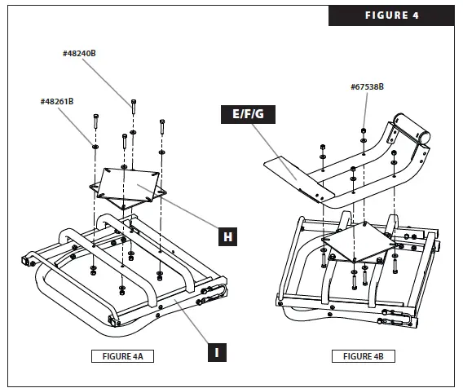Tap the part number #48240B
(x=80, y=53)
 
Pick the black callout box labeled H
(x=231, y=237)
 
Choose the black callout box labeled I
(x=215, y=352)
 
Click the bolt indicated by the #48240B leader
(x=130, y=104)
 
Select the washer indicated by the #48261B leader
(x=96, y=146)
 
